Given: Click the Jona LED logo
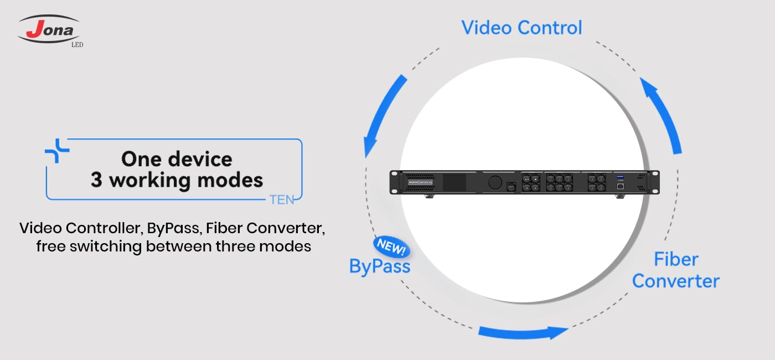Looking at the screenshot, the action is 50,30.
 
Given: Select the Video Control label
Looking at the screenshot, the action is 521,28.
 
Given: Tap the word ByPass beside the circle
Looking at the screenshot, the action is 380,266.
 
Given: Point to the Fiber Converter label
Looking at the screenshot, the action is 675,270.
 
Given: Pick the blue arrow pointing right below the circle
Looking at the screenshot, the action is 523,332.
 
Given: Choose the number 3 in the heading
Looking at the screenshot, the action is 96,180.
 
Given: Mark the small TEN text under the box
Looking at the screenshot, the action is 281,200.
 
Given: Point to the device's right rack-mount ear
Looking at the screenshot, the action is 655,182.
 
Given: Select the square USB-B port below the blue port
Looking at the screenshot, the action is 619,187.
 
